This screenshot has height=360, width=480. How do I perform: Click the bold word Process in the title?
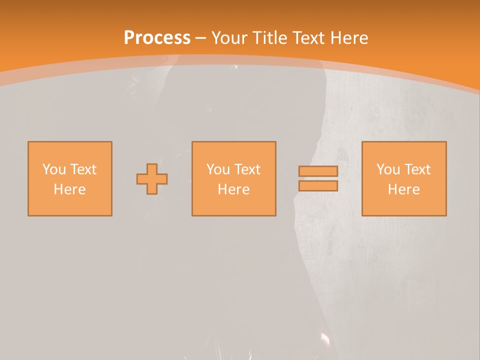[x=157, y=38]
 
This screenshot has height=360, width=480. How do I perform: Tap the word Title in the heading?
[x=268, y=38]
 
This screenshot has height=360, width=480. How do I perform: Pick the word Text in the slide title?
[x=307, y=38]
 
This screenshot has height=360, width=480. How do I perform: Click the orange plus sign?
[x=152, y=179]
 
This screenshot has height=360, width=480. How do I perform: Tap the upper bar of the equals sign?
[x=318, y=171]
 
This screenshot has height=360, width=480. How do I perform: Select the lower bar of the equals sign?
[x=318, y=186]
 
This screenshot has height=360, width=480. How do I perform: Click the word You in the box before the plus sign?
[x=54, y=169]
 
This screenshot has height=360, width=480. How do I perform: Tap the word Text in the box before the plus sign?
[x=83, y=169]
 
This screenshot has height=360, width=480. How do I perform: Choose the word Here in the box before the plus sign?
[x=69, y=189]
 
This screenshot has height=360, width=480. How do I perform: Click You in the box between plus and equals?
[x=218, y=169]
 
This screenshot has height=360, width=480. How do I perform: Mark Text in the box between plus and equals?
[x=247, y=169]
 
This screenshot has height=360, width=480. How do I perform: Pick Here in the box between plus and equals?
[x=233, y=189]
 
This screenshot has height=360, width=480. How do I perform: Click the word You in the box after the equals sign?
[x=388, y=169]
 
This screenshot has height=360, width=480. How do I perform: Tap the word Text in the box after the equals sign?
[x=417, y=169]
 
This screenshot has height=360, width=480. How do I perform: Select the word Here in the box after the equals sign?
[x=403, y=189]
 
